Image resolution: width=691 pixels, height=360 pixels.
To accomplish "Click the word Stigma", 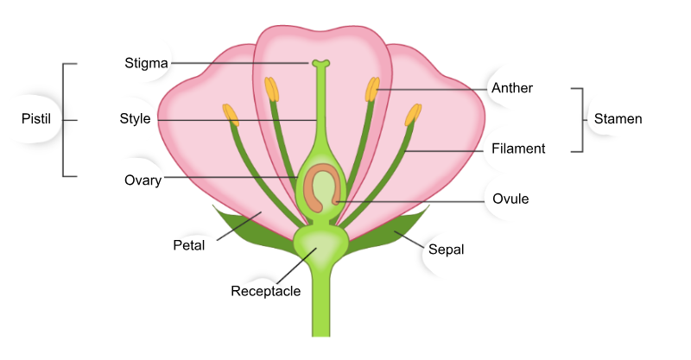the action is pyautogui.click(x=146, y=63).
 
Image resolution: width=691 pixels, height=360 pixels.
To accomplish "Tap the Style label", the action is pyautogui.click(x=135, y=118).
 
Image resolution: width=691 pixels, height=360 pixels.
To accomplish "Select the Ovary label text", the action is pyautogui.click(x=143, y=180).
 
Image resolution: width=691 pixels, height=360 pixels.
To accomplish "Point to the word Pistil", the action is pyautogui.click(x=36, y=118).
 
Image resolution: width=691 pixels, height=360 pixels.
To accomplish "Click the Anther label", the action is pyautogui.click(x=512, y=88).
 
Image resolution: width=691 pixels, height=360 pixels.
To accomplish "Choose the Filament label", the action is pyautogui.click(x=518, y=148).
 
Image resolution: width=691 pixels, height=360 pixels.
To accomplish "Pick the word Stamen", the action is pyautogui.click(x=618, y=118).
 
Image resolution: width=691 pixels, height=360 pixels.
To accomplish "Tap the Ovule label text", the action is pyautogui.click(x=510, y=199).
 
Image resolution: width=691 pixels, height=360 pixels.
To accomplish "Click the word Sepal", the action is pyautogui.click(x=446, y=249).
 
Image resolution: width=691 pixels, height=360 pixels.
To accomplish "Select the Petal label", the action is pyautogui.click(x=188, y=245).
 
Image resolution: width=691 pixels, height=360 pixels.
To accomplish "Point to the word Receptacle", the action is pyautogui.click(x=266, y=291).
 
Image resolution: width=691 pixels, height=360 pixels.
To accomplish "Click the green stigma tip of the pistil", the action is pyautogui.click(x=320, y=63).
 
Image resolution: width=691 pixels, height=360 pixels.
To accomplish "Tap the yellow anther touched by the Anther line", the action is pyautogui.click(x=372, y=89).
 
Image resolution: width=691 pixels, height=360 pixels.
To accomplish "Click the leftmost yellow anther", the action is pyautogui.click(x=231, y=115).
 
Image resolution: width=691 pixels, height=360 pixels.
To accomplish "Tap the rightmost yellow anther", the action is pyautogui.click(x=413, y=115).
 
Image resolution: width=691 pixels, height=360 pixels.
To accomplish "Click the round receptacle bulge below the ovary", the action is pyautogui.click(x=320, y=244).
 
